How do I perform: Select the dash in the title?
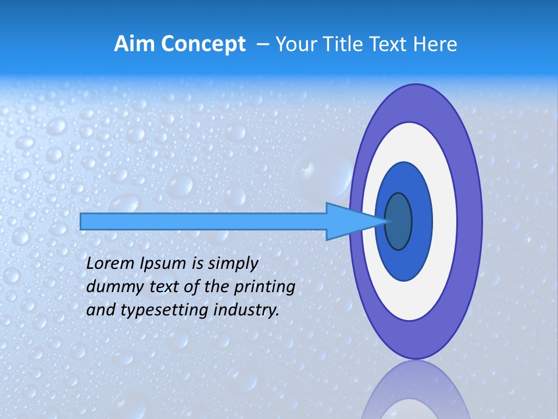click(x=262, y=45)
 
